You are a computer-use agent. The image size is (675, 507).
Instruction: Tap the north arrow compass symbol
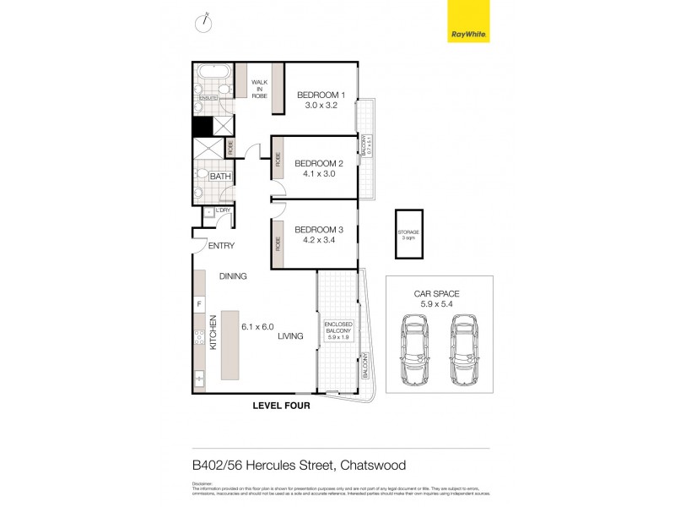click(203, 23)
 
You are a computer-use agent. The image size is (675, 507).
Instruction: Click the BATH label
click(220, 177)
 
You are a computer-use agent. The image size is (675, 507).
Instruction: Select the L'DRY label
click(223, 210)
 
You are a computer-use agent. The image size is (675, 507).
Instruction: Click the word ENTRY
click(220, 246)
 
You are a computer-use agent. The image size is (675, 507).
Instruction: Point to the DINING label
click(233, 276)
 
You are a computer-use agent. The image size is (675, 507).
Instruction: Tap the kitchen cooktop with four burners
click(199, 340)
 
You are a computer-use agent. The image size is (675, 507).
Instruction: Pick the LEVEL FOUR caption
click(282, 406)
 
